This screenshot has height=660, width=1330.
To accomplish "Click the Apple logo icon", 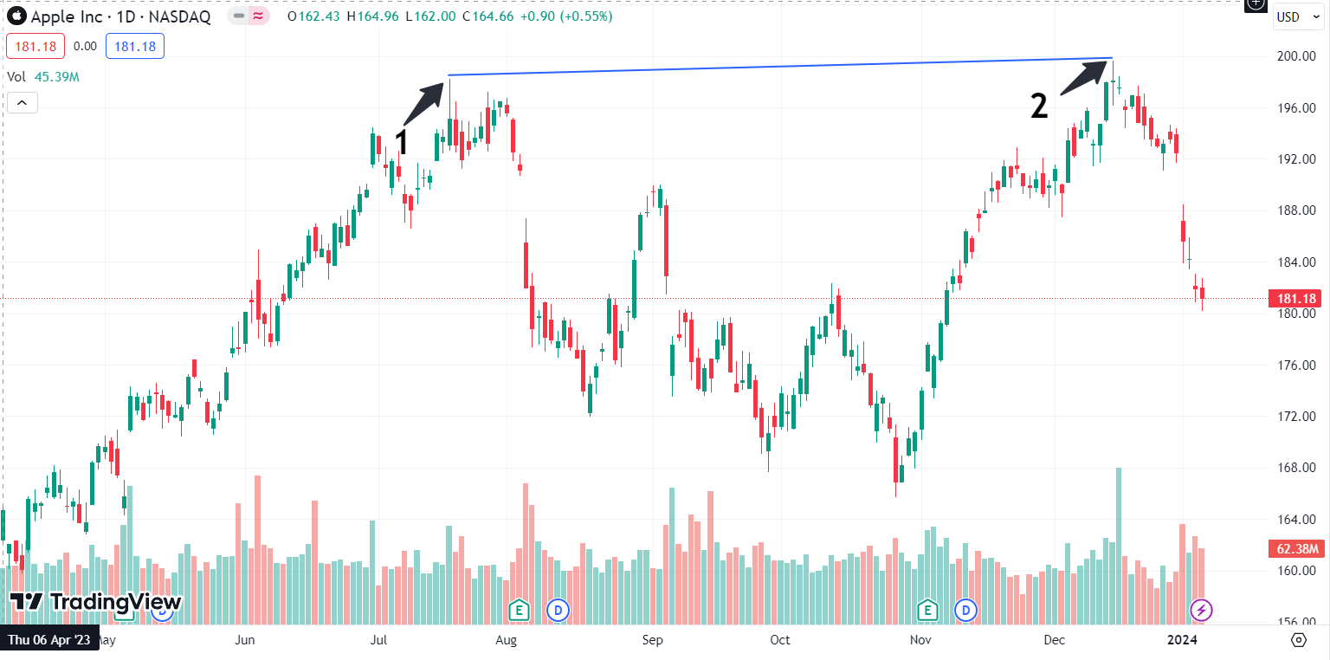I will click(x=16, y=16).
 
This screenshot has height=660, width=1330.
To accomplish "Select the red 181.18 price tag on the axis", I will click(x=1296, y=299).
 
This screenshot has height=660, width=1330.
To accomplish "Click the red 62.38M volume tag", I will click(x=1296, y=548).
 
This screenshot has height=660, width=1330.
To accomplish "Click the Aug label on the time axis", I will click(x=506, y=640).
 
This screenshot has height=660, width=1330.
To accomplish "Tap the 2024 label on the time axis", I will click(x=1182, y=640).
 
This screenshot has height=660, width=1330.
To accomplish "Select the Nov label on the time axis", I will click(x=920, y=640).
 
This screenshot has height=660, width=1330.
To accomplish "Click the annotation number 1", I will click(x=400, y=143).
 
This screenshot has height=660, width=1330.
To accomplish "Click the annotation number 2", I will click(x=1039, y=107).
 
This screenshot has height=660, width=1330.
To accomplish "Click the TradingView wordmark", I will click(x=115, y=602).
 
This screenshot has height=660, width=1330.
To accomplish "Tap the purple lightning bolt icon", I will click(x=1201, y=610).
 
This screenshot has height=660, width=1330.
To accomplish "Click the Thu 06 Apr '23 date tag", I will click(x=49, y=640).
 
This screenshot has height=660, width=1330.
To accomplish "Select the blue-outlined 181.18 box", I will click(x=135, y=47).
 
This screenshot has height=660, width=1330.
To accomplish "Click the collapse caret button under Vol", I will click(x=22, y=103).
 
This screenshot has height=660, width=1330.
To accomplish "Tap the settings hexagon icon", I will click(x=1298, y=639).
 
